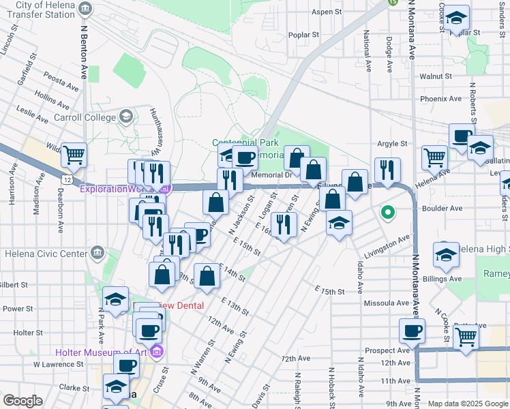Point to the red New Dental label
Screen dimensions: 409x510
point(181,305)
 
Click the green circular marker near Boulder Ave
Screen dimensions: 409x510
point(388,213)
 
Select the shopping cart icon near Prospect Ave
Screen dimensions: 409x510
point(466,336)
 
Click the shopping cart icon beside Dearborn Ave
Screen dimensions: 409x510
point(74,155)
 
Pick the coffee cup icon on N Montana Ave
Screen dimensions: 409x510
point(411,331)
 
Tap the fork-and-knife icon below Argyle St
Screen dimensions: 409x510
point(387,170)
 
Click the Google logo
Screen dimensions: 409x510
point(22,401)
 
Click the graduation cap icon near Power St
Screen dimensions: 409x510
point(115,299)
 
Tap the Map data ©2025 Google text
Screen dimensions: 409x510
point(467,404)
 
